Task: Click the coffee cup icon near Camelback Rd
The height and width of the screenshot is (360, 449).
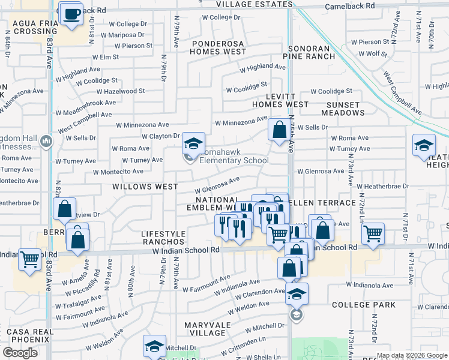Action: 73,14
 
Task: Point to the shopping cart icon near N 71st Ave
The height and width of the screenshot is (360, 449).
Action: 373,233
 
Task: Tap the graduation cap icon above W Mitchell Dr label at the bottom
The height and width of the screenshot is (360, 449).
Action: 154,346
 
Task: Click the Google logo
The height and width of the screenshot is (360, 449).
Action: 20,353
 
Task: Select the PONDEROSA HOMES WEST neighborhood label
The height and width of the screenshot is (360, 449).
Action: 218,48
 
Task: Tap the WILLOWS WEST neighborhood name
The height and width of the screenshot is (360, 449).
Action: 145,187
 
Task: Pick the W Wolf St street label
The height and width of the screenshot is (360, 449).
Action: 372,53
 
